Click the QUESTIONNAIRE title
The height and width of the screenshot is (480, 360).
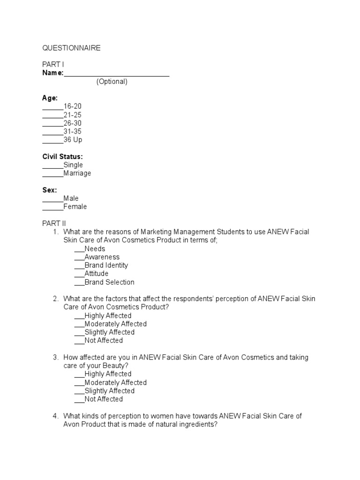coord(71,48)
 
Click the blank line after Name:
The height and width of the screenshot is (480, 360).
coord(116,74)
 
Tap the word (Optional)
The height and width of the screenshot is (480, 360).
coord(112,82)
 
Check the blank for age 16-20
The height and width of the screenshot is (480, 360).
coord(53,107)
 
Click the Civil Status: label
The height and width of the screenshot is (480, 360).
coord(62,157)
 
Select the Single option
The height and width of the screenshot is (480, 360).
coord(73,165)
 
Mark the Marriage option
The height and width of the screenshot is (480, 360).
coord(77,173)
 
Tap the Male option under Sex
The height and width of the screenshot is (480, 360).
coord(71,198)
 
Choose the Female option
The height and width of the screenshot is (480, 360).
coord(75,207)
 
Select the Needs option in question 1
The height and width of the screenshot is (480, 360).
coord(95,249)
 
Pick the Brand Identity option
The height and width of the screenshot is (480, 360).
coord(106,265)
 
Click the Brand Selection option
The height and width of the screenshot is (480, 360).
coord(109,282)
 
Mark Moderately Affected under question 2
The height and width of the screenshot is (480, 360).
coord(115,324)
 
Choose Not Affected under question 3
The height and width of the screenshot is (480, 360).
coord(104,399)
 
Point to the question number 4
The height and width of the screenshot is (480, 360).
coord(55,416)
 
